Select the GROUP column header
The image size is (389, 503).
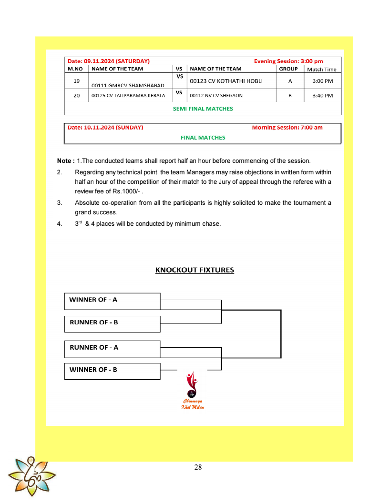[x=288, y=69]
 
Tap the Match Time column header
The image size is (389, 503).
[x=322, y=69]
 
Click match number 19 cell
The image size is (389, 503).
[x=76, y=81]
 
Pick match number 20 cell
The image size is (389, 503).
[x=76, y=95]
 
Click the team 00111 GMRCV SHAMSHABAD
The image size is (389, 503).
[x=128, y=85]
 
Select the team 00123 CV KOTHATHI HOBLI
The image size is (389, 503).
[x=226, y=81]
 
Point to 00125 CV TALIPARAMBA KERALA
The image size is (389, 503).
[x=128, y=96]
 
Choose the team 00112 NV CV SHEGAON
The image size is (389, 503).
[x=216, y=96]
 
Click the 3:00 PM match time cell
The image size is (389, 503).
[x=322, y=81]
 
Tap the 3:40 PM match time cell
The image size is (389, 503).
[x=322, y=96]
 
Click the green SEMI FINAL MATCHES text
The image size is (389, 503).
[x=203, y=109]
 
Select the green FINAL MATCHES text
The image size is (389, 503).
[x=203, y=138]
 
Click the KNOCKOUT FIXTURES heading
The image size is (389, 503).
[x=194, y=270]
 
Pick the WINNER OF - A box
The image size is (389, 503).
[x=112, y=301]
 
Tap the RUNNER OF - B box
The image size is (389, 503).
[x=112, y=323]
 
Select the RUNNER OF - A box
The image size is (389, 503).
[x=112, y=348]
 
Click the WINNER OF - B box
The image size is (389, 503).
[x=112, y=371]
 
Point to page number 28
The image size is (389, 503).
[x=198, y=467]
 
